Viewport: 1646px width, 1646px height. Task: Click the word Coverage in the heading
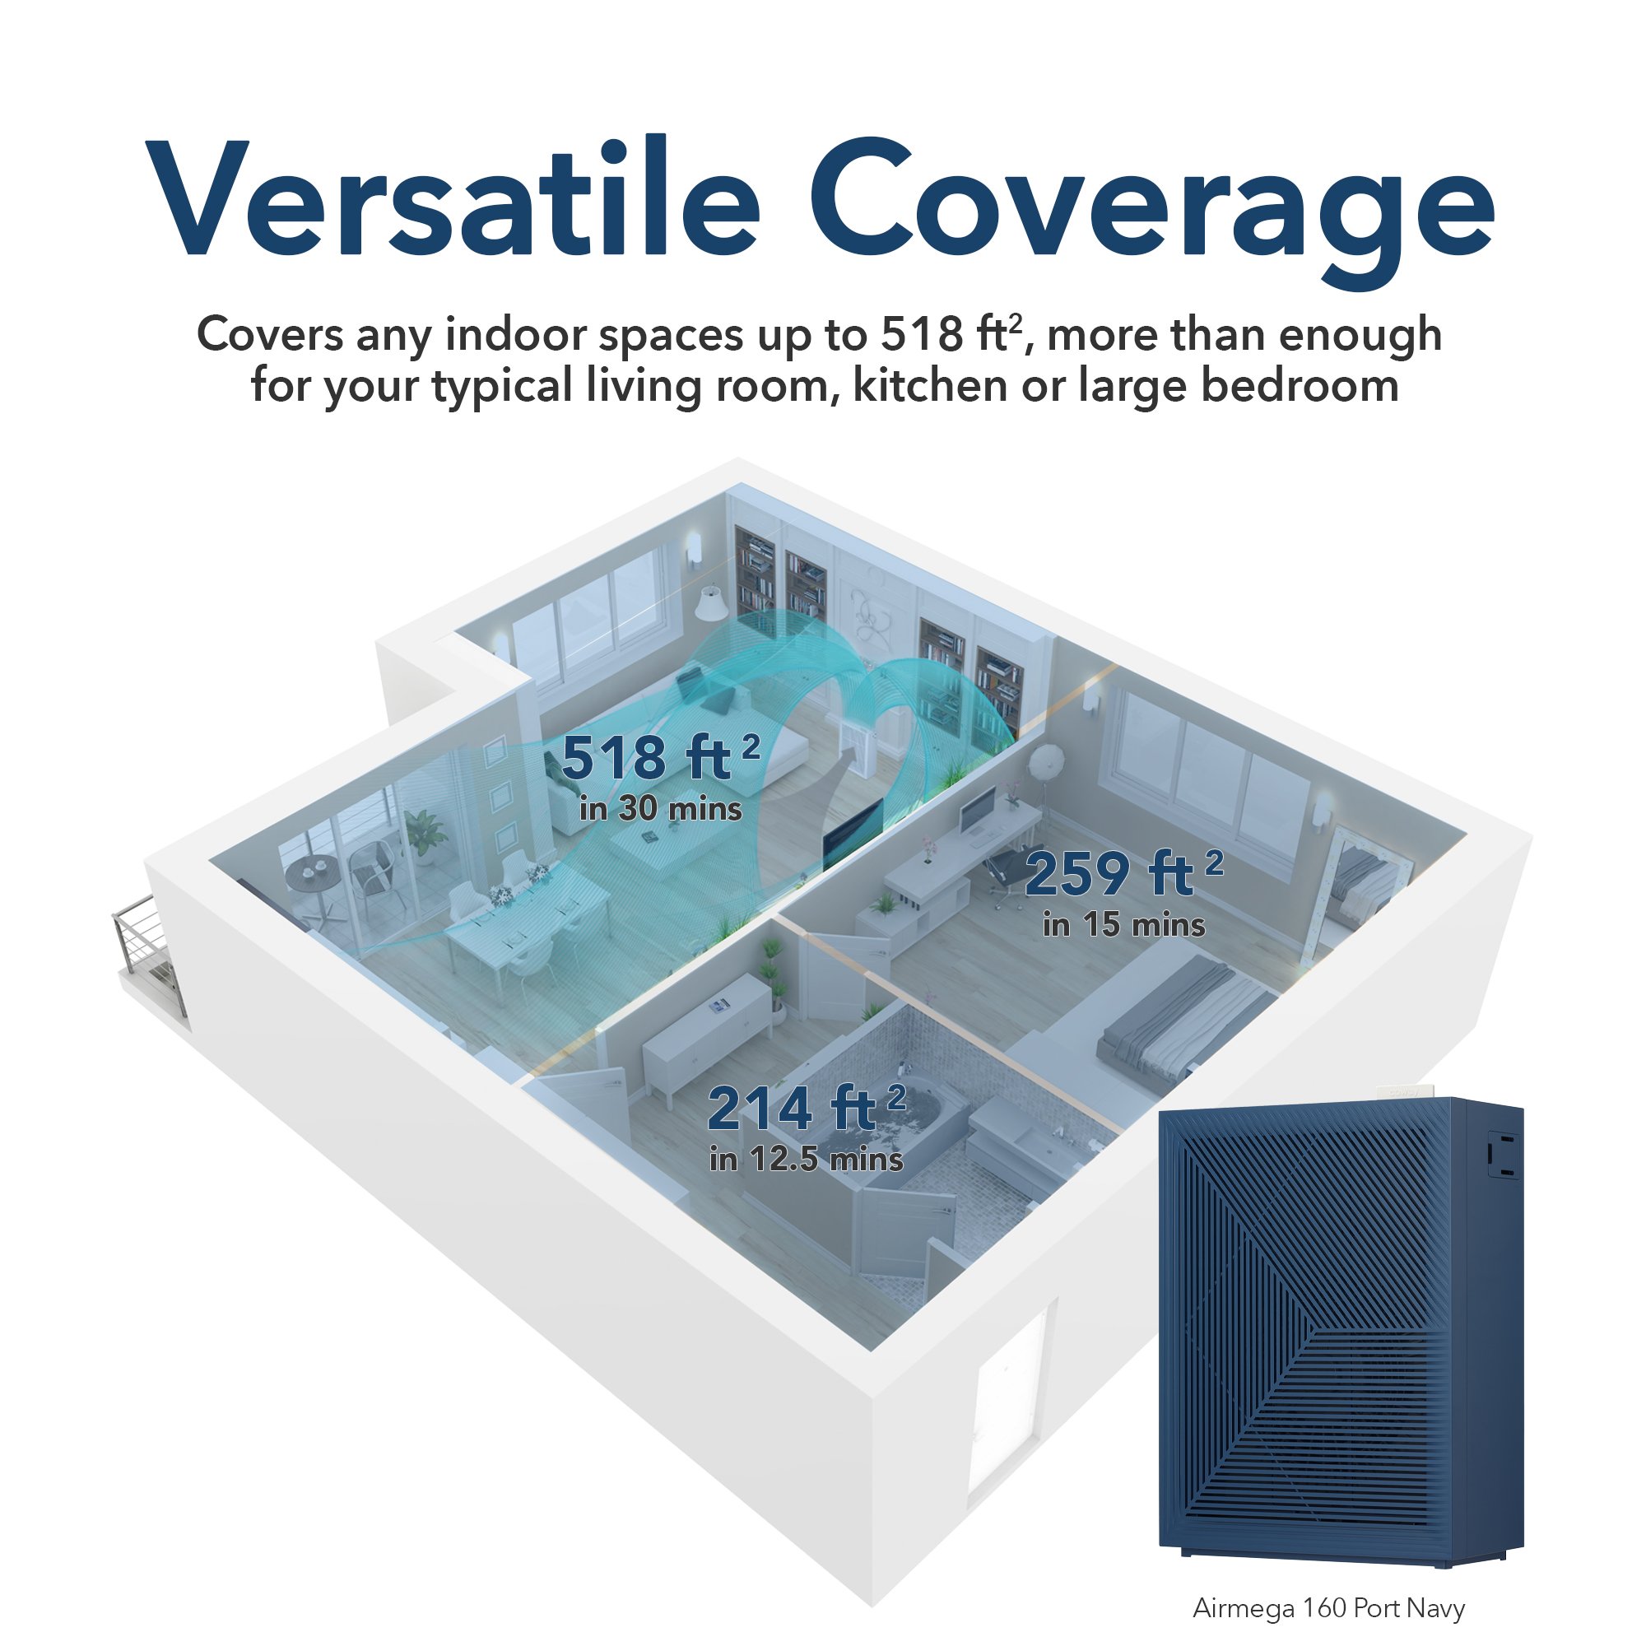[1151, 213]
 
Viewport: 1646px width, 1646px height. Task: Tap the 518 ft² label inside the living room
[660, 757]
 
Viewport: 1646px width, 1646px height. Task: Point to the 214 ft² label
[806, 1108]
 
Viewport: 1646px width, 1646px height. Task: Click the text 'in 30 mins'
[660, 808]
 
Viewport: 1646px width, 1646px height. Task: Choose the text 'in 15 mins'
[1123, 925]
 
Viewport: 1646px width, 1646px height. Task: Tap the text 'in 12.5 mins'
[806, 1160]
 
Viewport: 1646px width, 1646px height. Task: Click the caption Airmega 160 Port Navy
[1328, 1607]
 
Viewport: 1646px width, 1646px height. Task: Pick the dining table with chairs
[528, 924]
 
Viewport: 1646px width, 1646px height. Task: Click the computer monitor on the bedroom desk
[979, 809]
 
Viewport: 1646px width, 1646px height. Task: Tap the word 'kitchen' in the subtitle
[929, 386]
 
